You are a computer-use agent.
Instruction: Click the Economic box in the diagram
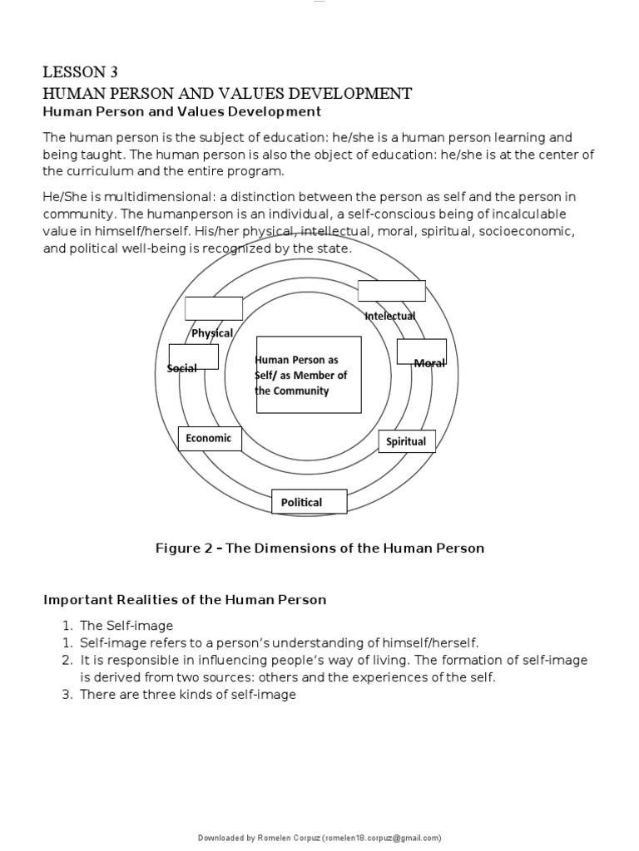click(209, 438)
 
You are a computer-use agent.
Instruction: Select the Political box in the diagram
click(301, 502)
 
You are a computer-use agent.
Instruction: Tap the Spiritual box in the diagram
click(406, 441)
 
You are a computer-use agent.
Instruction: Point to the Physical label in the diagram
click(212, 333)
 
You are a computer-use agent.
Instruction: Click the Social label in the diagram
click(182, 368)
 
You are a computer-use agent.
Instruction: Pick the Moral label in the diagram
click(429, 363)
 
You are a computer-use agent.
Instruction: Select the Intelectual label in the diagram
click(390, 316)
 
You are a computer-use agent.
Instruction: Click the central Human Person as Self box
click(308, 375)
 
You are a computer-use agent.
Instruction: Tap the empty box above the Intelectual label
click(391, 291)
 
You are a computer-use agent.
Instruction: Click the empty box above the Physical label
click(214, 307)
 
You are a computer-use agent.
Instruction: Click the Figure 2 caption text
click(319, 548)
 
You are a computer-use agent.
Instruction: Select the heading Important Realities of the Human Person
click(185, 599)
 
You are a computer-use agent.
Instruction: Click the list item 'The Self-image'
click(127, 625)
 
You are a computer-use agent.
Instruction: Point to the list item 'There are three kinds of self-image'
click(188, 695)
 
